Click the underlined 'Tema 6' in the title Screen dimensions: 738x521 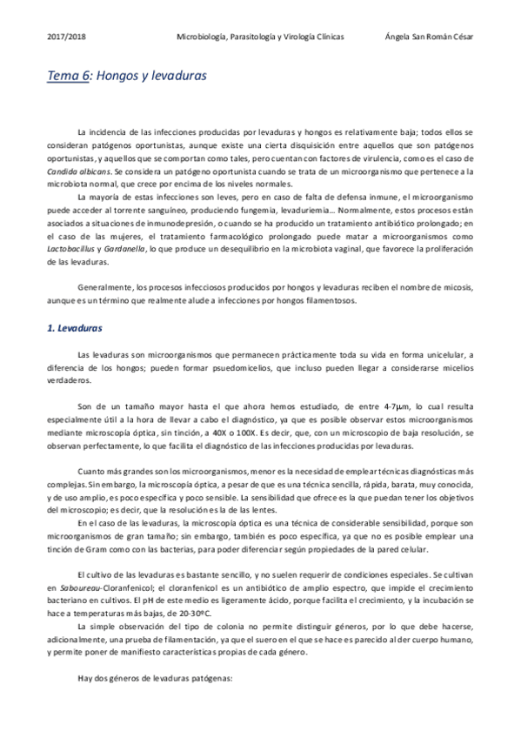coord(69,76)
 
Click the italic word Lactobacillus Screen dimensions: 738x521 coord(72,250)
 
